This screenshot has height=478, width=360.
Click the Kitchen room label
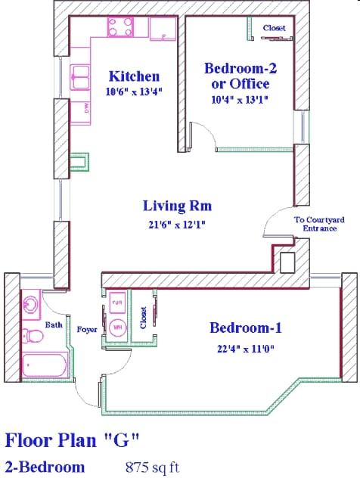[134, 76]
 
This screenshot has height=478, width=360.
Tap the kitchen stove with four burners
[120, 28]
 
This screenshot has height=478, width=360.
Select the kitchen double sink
[80, 75]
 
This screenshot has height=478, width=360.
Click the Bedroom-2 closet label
[275, 28]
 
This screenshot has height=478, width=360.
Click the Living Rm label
[178, 205]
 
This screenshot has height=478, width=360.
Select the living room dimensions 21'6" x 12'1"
[178, 224]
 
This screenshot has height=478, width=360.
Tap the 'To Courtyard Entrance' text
[315, 223]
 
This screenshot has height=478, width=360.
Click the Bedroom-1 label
[246, 327]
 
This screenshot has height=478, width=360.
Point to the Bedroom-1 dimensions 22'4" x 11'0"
[246, 348]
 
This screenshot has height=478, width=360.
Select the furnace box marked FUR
[117, 303]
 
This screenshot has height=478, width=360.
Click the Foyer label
[87, 329]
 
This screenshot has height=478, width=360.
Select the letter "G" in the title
[123, 439]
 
